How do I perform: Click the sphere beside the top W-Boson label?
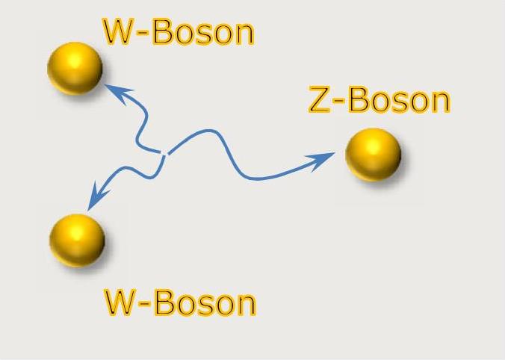75,68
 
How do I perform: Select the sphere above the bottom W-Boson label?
77,240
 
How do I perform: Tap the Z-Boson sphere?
373,155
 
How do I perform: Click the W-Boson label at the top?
179,32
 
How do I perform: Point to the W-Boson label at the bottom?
179,302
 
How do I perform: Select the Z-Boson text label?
379,101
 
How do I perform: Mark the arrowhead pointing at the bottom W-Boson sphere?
95,200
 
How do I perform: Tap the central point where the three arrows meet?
164,154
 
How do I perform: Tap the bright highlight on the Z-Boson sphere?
365,146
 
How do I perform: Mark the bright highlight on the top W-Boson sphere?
66,59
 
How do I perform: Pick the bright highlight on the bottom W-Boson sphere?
69,232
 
